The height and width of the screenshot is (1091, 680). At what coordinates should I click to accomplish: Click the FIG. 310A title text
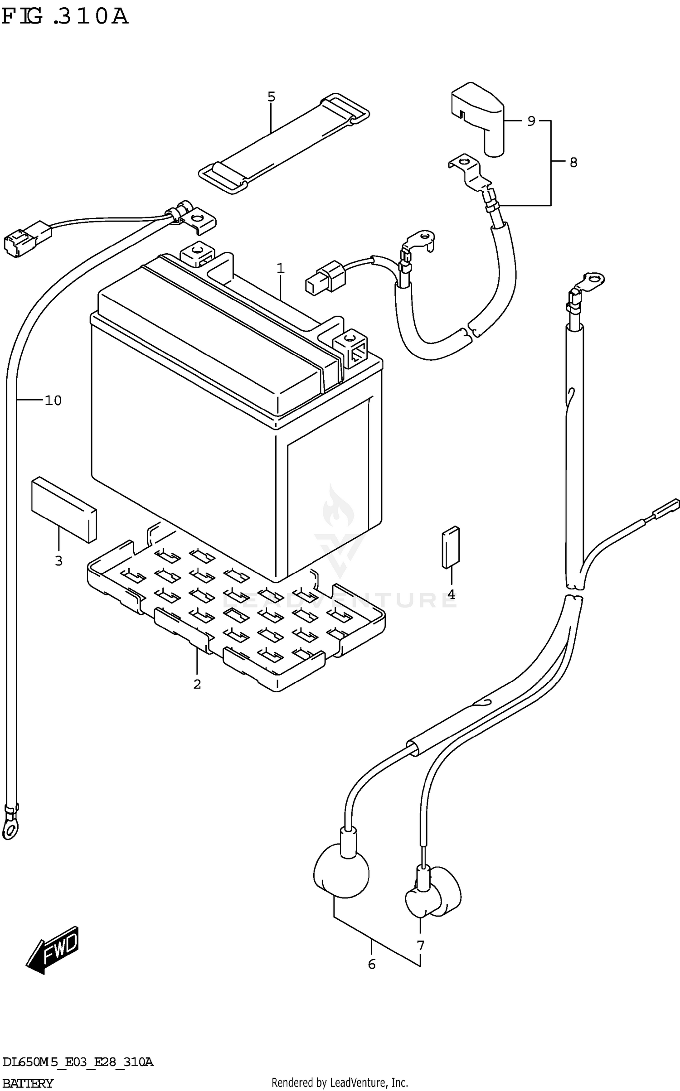65,17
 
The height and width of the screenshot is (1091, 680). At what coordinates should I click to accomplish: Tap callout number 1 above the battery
281,269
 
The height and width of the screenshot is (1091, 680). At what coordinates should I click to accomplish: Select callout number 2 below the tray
197,684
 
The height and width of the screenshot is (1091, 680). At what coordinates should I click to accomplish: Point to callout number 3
58,561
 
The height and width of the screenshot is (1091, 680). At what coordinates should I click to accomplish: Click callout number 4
451,594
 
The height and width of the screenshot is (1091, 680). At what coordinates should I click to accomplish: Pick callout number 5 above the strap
271,97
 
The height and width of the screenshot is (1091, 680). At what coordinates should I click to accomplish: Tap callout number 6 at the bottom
372,965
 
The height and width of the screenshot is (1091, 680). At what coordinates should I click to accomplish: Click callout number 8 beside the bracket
573,162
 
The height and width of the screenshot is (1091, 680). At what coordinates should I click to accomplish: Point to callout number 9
531,121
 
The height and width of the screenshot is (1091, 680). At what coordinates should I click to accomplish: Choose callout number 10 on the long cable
53,401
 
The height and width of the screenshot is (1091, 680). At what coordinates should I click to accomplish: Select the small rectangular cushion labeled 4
451,547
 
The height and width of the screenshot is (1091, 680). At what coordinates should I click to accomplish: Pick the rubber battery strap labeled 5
284,144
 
